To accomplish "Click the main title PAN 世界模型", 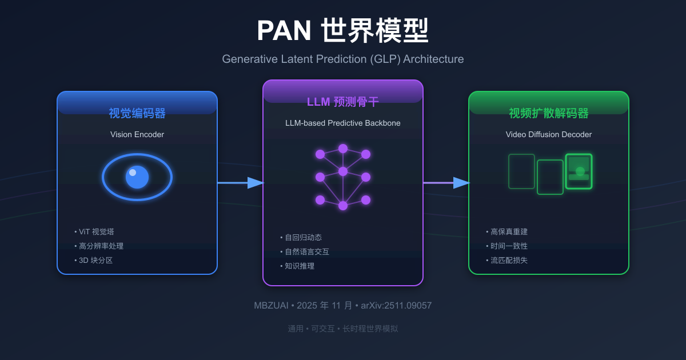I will [342, 31].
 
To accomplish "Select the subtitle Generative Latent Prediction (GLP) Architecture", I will [342, 59].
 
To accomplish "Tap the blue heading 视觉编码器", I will [137, 113].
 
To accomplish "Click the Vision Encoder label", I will [137, 135].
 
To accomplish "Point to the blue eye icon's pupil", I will [137, 177].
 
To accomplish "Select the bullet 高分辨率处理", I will [101, 246].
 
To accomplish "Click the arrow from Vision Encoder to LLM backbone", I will [240, 183].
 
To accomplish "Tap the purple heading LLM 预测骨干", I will [343, 102].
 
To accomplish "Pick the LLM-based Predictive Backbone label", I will [343, 123].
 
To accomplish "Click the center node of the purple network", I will [343, 171].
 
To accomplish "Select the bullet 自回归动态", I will [303, 238].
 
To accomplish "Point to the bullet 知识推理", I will [300, 266].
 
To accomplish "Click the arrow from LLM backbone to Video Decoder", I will [446, 183].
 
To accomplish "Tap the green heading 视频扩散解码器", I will [549, 113].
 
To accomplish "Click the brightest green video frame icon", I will [579, 171].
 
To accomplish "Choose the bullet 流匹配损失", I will [509, 261].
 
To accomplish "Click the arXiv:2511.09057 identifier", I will [396, 306].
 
